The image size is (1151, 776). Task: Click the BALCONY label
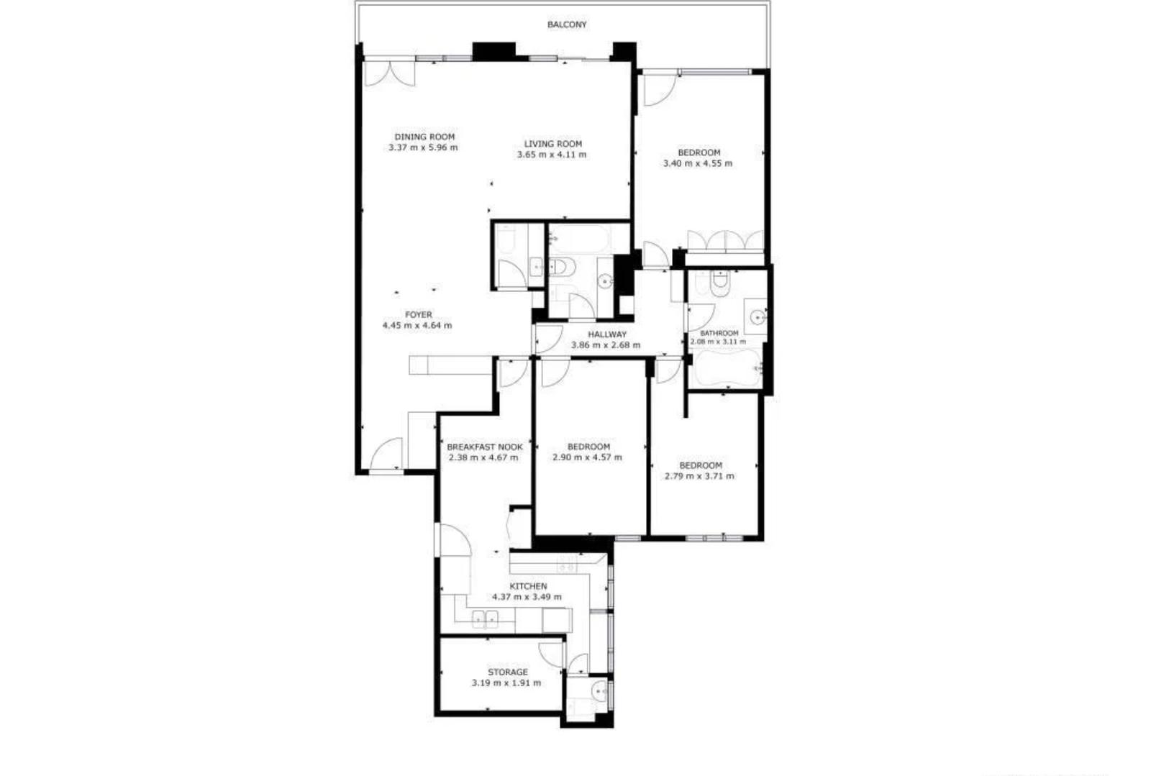[566, 24]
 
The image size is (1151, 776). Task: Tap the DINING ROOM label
[424, 137]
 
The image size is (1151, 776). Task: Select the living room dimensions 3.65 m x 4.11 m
[551, 155]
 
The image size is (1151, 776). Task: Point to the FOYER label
[418, 314]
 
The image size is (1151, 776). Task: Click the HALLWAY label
[607, 334]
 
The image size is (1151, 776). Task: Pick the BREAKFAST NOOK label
[485, 447]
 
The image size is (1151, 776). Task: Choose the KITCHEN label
[528, 586]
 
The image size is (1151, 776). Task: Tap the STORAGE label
[508, 672]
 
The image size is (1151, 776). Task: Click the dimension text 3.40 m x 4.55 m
[698, 163]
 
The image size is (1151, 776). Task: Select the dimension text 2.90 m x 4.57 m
[587, 457]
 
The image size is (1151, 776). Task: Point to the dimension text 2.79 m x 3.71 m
[699, 476]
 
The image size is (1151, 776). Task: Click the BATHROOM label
[719, 333]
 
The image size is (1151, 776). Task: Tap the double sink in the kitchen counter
[485, 619]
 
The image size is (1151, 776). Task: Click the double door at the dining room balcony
[389, 74]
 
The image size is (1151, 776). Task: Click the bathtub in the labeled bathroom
[726, 368]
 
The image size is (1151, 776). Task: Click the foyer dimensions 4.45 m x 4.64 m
[417, 325]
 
